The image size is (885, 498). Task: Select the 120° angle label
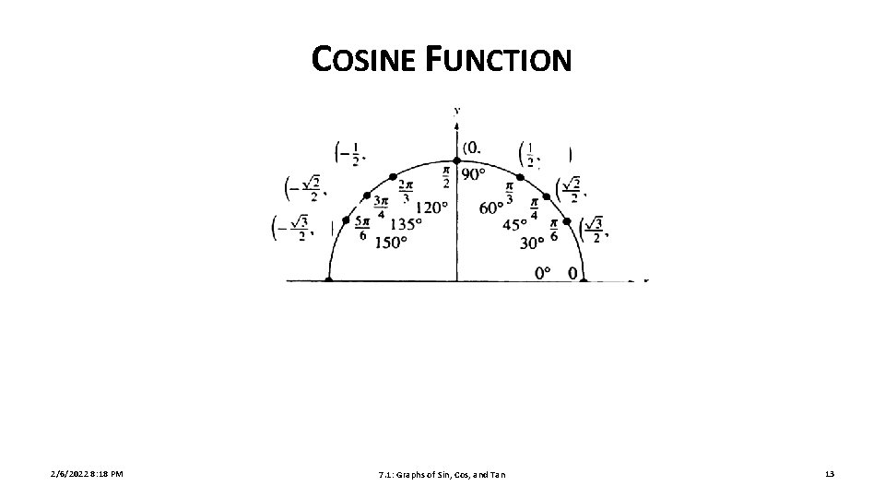(x=431, y=207)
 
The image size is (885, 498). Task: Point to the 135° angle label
(x=407, y=224)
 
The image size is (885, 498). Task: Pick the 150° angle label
(x=391, y=243)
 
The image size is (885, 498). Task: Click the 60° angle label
(x=491, y=207)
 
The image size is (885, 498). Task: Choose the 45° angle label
(x=515, y=224)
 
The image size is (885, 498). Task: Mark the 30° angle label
(x=533, y=243)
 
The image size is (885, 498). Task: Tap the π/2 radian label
(x=447, y=175)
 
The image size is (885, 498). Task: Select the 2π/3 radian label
(x=407, y=191)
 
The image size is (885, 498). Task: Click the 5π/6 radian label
(x=360, y=227)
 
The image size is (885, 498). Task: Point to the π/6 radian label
(x=554, y=228)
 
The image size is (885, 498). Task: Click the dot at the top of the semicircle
(x=457, y=160)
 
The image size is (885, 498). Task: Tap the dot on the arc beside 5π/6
(x=346, y=220)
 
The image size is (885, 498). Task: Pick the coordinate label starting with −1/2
(x=350, y=153)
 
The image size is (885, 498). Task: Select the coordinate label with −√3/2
(x=291, y=228)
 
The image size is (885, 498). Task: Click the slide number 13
(x=830, y=474)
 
